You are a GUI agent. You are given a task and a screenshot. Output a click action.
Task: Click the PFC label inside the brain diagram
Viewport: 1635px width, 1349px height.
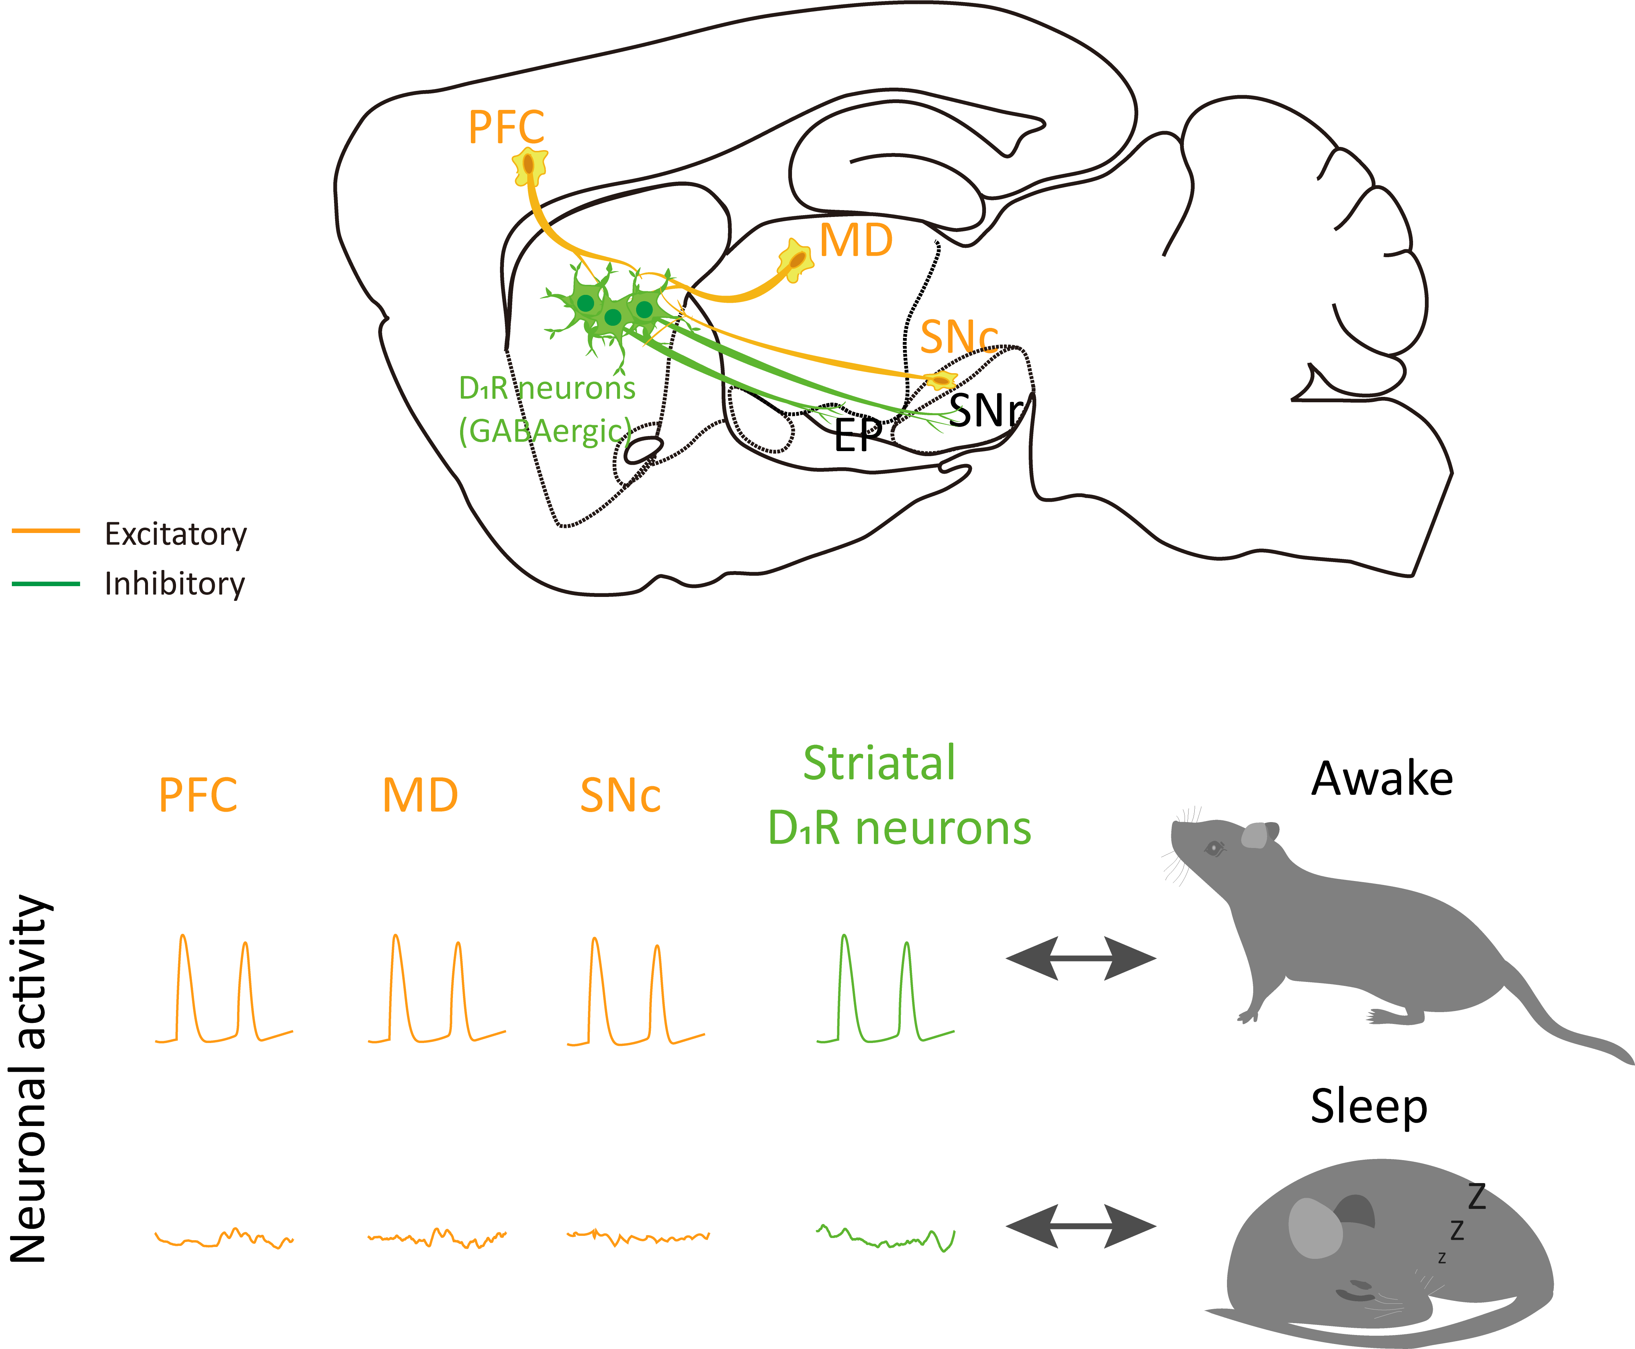tap(506, 128)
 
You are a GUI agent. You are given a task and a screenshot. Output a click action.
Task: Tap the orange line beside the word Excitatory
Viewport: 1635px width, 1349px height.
tap(46, 531)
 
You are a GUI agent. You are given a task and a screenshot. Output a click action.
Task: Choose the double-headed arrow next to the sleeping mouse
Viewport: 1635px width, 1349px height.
tap(1081, 1226)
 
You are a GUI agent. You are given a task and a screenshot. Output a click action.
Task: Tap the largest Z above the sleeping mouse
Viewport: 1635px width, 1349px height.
tap(1477, 1197)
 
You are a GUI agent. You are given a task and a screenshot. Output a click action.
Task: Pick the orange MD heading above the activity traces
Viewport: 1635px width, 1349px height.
tap(420, 796)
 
